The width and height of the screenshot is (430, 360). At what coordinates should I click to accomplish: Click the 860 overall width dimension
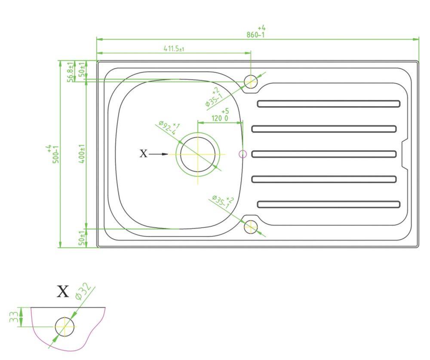click(255, 32)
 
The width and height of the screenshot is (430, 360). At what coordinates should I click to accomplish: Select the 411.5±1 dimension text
click(174, 49)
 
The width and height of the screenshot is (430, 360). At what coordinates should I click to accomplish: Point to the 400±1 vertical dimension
click(82, 154)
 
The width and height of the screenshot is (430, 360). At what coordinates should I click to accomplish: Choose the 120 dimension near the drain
click(220, 115)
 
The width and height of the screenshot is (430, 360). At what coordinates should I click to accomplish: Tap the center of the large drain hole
click(198, 155)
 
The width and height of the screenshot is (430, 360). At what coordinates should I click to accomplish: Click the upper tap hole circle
click(251, 81)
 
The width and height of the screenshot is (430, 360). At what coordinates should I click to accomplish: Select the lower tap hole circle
click(251, 227)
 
